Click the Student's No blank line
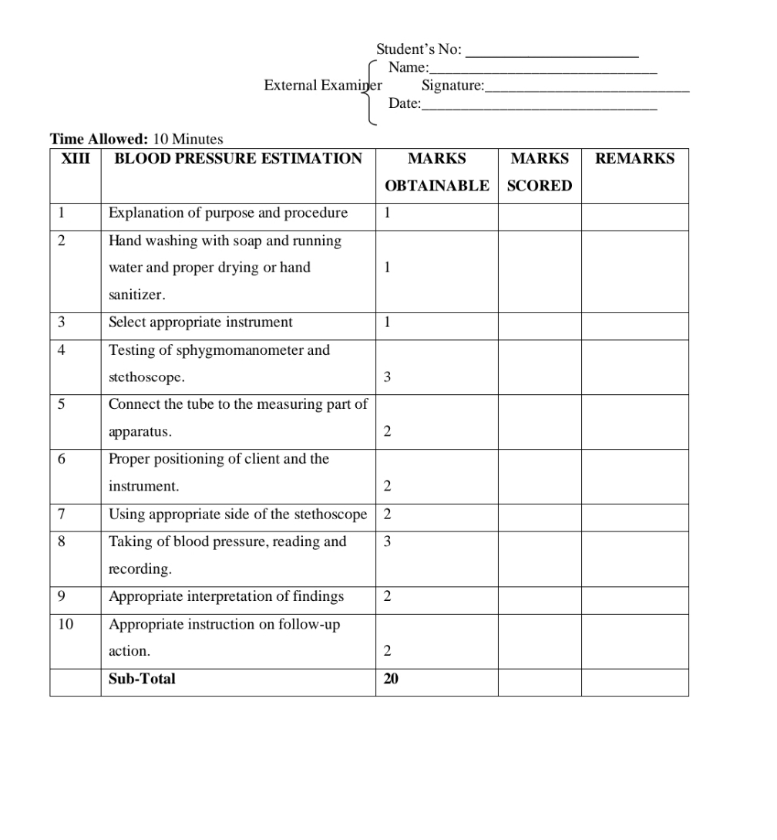[x=553, y=56]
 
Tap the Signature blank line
[x=587, y=91]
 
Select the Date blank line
[x=539, y=110]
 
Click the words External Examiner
[x=322, y=86]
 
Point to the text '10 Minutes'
[x=188, y=140]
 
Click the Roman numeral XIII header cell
[x=75, y=159]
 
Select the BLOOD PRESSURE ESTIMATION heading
[x=237, y=159]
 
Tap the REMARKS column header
[x=634, y=159]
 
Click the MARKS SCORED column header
[x=540, y=172]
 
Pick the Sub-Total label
[x=142, y=679]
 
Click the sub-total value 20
[x=391, y=679]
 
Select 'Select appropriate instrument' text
[x=200, y=322]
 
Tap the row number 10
[x=66, y=624]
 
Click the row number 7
[x=62, y=514]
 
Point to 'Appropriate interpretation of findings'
[x=226, y=596]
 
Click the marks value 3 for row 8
[x=387, y=541]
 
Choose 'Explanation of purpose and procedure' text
[x=227, y=213]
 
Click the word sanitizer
[x=136, y=295]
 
